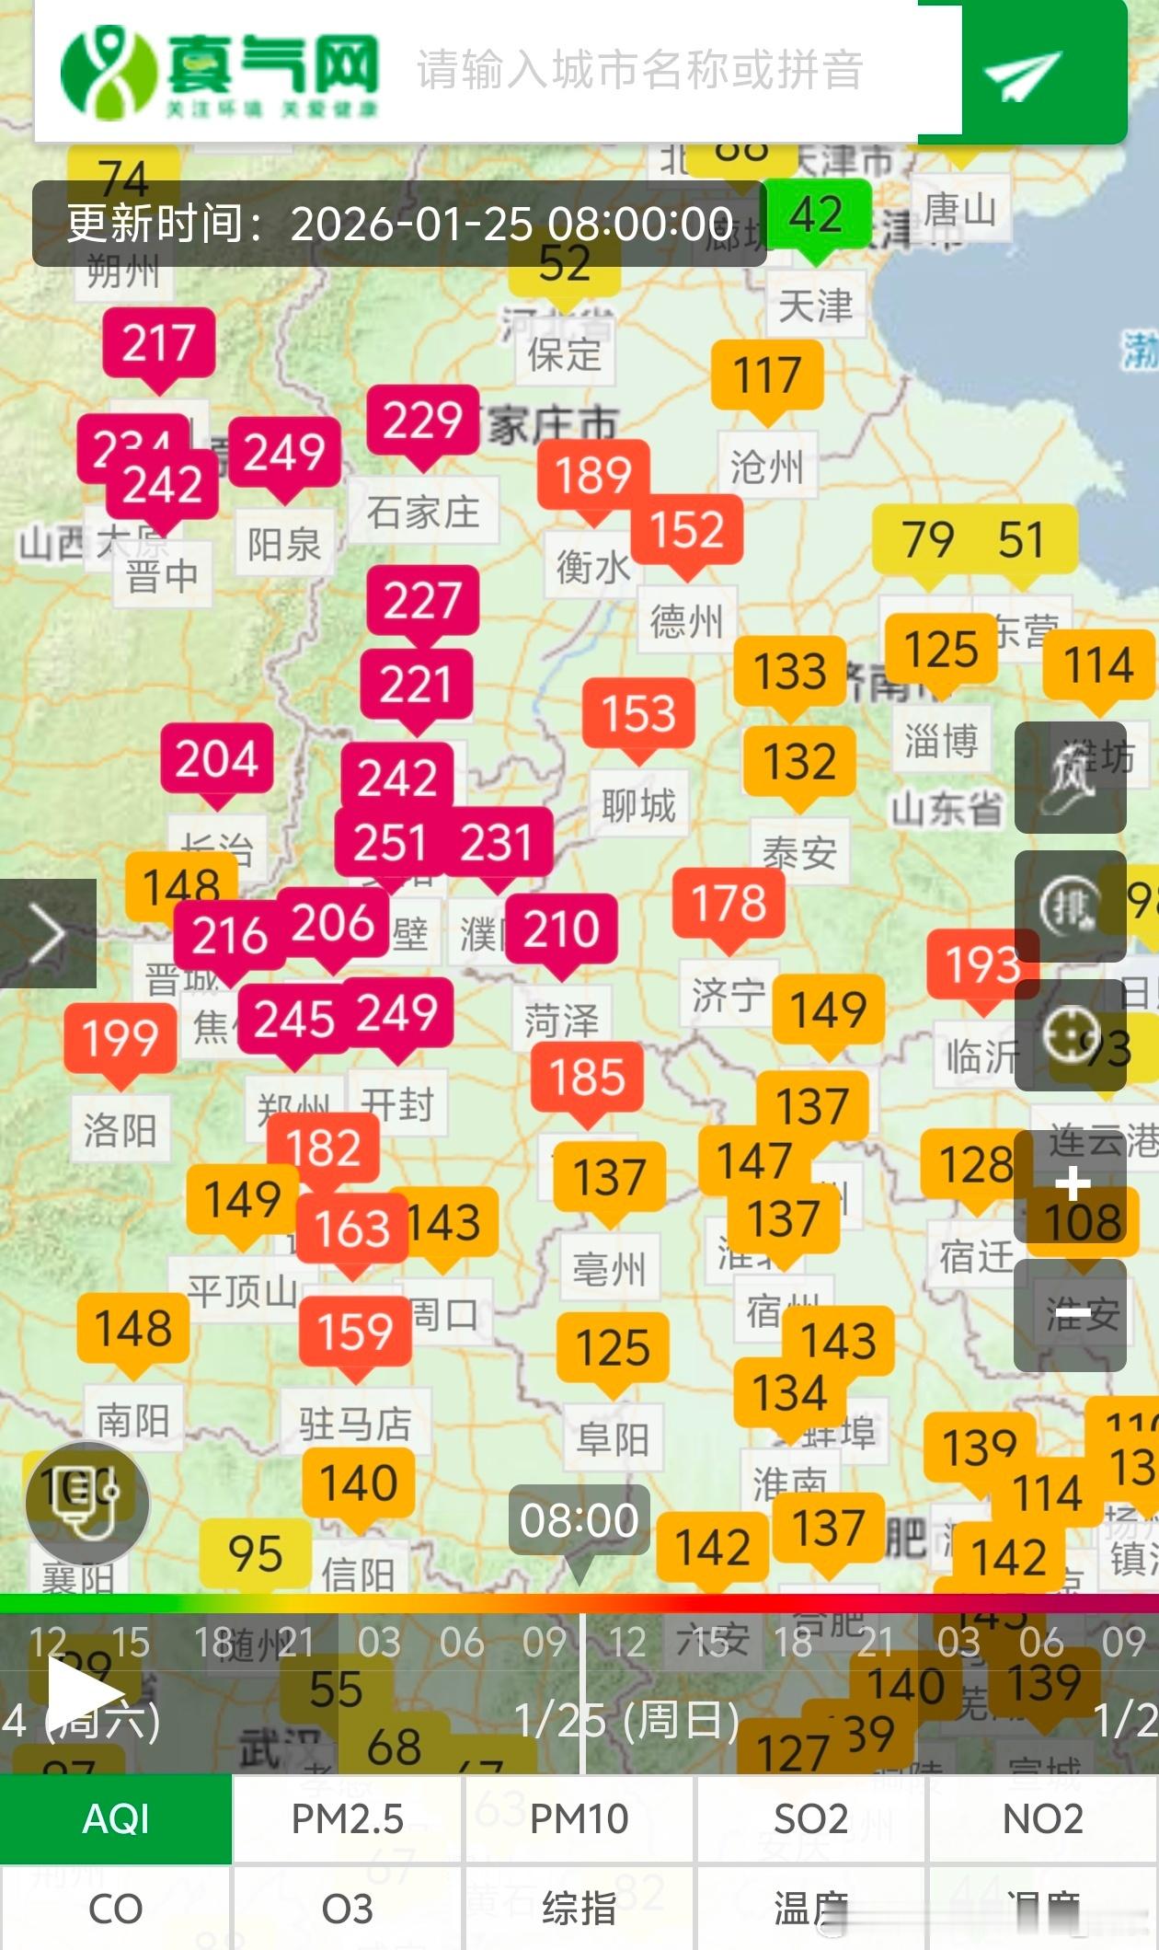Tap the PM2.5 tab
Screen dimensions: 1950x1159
pos(348,1819)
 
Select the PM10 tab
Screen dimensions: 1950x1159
pos(579,1819)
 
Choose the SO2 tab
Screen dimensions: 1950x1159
pos(810,1819)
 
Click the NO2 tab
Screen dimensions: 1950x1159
pos(1042,1819)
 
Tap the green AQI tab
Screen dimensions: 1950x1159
pos(116,1819)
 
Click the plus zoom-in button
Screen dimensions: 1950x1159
pos(1071,1185)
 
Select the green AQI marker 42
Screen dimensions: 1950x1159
pos(816,214)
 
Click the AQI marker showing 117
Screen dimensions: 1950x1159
pos(767,375)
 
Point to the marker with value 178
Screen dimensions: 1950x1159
pos(729,903)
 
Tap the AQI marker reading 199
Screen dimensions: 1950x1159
pos(120,1038)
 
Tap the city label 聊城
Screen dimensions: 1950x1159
pos(638,805)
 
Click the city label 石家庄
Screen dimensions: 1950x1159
pos(423,512)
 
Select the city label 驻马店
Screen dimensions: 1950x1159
pos(355,1424)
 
